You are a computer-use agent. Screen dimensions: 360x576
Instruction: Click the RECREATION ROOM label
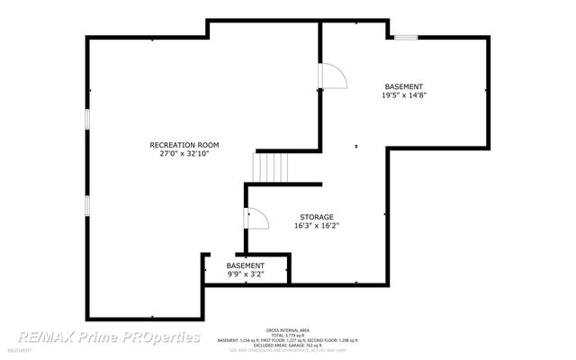[184, 145]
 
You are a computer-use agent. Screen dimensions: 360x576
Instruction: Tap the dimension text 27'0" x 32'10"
[184, 154]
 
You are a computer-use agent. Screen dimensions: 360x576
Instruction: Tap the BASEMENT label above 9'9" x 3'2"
[245, 265]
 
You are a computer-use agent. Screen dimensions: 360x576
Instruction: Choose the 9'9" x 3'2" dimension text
[245, 274]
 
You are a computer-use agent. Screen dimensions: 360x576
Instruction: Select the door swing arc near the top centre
[331, 77]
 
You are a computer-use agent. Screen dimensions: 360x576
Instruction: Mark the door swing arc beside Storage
[254, 219]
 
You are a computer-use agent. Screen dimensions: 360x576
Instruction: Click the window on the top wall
[404, 37]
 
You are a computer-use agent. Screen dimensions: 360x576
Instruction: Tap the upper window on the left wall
[86, 120]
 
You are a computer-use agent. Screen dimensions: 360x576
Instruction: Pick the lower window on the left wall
[86, 205]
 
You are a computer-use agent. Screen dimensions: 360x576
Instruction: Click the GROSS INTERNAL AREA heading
[287, 330]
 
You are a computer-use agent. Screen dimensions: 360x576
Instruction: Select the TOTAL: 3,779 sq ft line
[287, 335]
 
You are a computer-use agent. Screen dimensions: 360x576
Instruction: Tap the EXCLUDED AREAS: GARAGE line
[287, 345]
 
